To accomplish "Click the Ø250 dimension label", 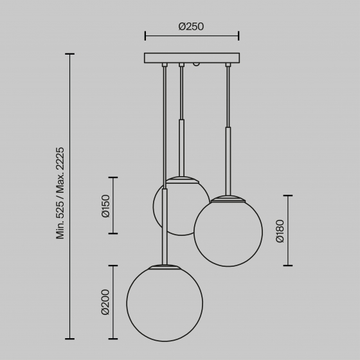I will (191, 27).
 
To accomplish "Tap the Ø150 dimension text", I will (106, 206).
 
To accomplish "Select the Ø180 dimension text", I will (280, 231).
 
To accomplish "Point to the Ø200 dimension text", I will (106, 302).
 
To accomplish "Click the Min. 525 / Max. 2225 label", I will (61, 193).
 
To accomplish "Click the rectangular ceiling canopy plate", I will (192, 58).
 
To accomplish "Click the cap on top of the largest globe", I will (165, 265).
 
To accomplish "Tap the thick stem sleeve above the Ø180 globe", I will (228, 161).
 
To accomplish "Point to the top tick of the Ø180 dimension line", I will (287, 195).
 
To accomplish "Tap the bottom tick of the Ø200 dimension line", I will (114, 339).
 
